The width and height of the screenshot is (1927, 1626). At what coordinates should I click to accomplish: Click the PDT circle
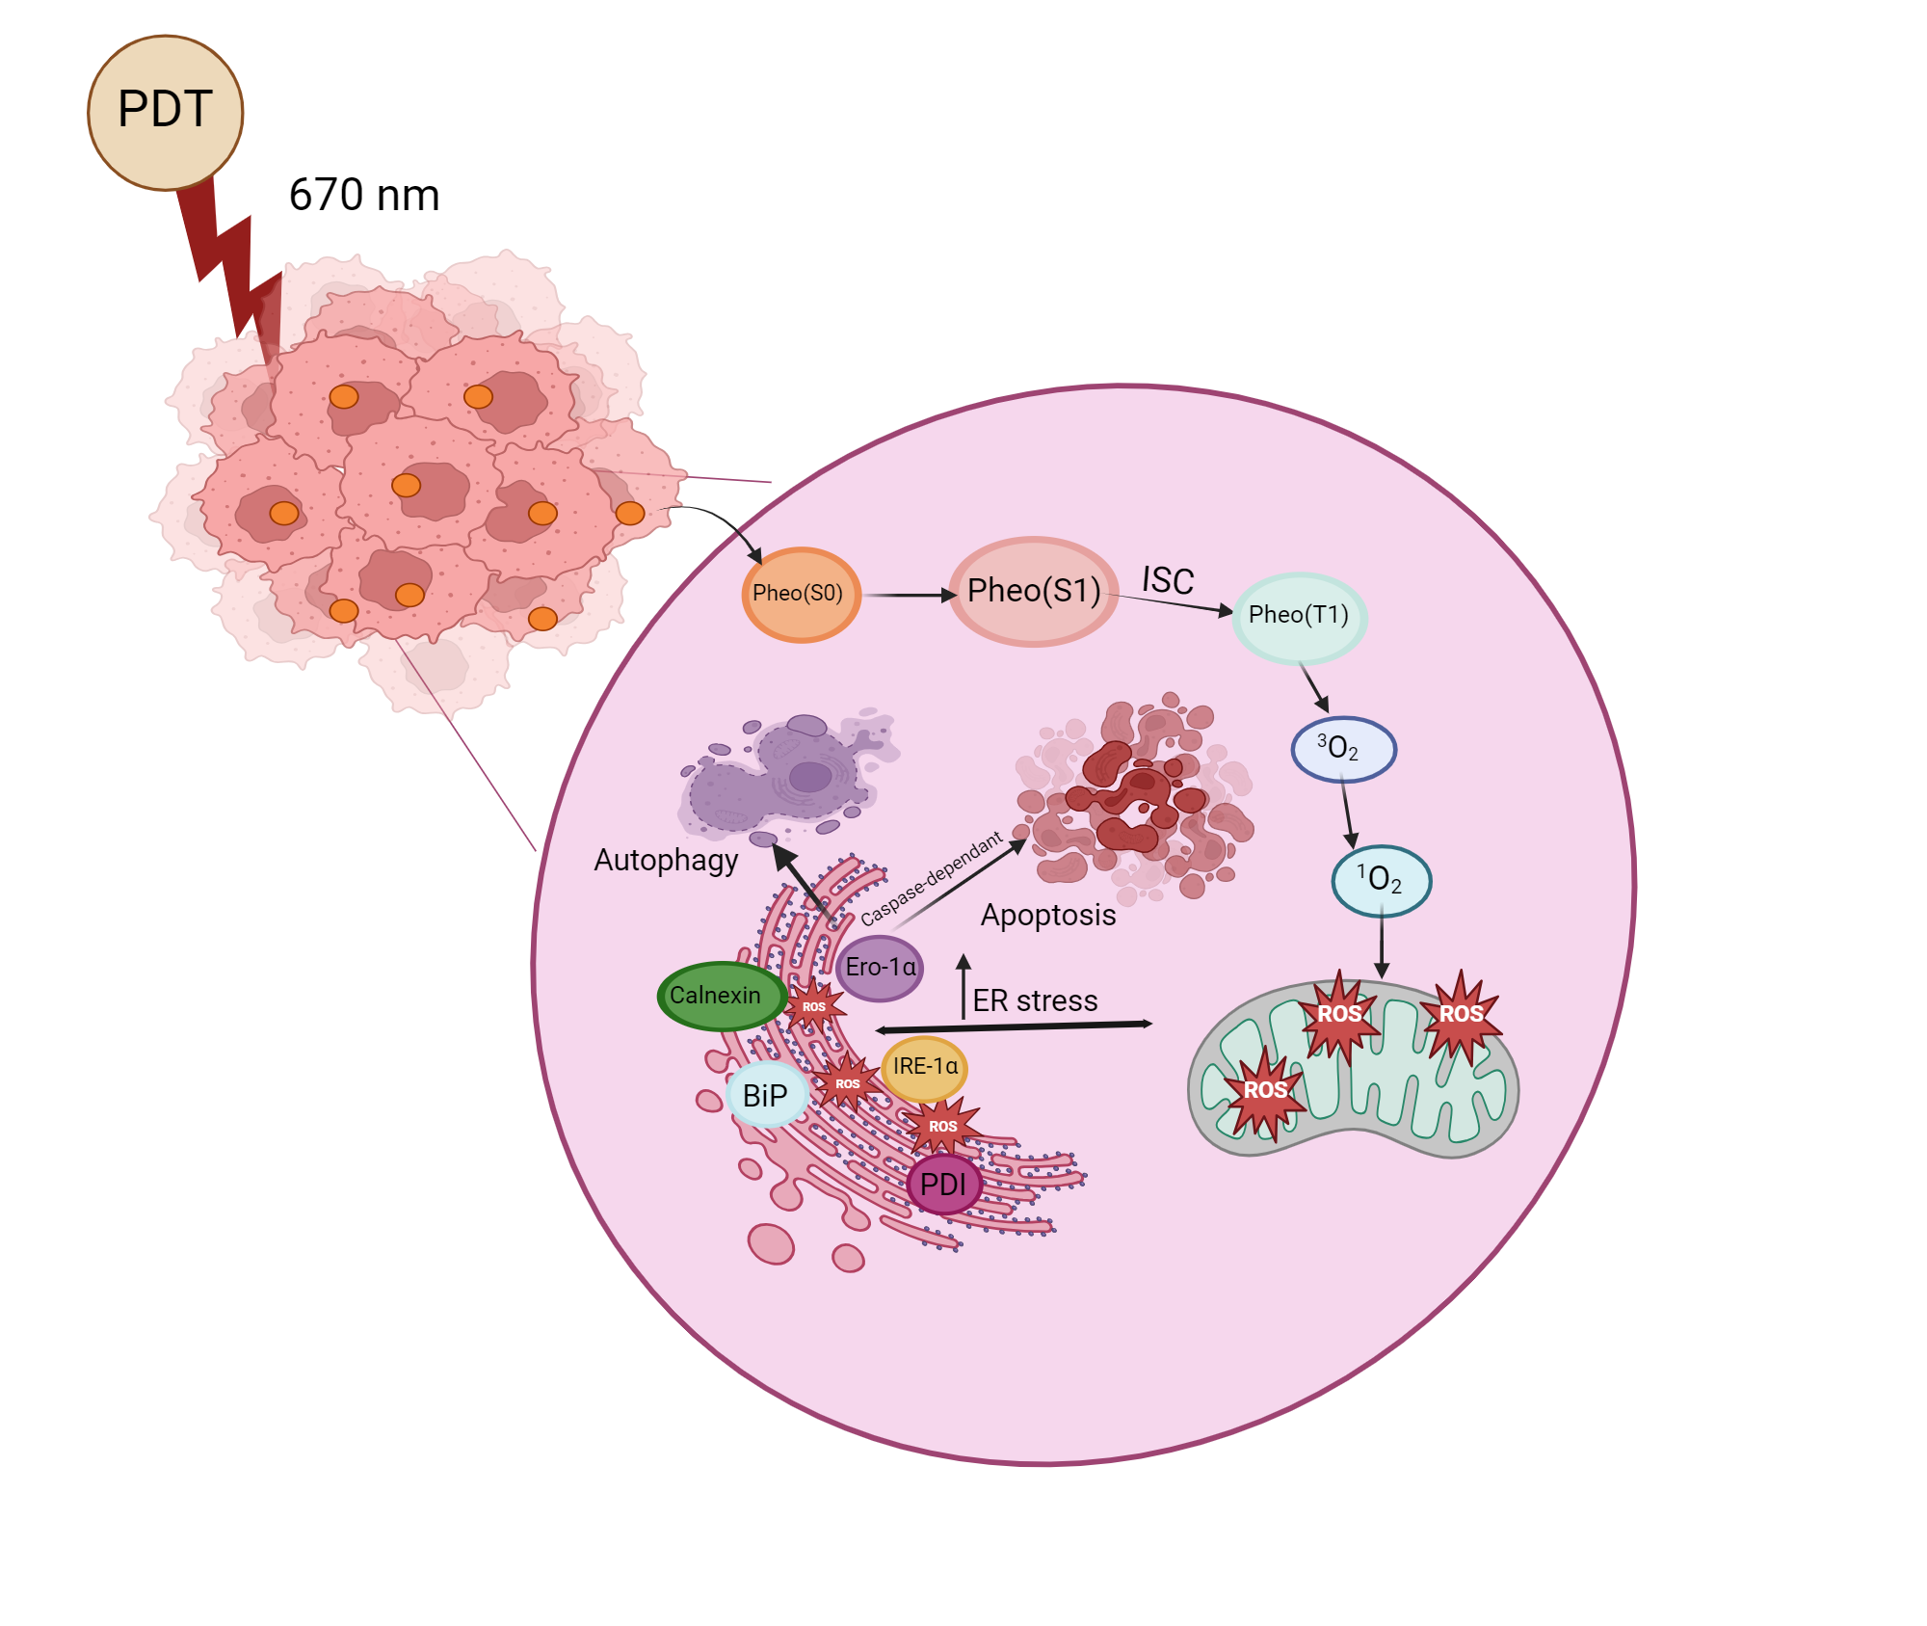point(165,112)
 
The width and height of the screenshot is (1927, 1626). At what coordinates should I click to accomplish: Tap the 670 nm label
point(364,195)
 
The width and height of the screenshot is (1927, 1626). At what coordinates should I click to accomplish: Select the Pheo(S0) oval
point(799,594)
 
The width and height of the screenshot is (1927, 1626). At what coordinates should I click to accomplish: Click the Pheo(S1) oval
point(1034,591)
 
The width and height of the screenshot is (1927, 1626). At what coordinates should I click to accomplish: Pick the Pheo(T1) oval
point(1299,616)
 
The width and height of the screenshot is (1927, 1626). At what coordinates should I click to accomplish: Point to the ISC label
point(1168,580)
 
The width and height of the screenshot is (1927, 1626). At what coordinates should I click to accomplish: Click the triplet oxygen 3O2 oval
point(1342,749)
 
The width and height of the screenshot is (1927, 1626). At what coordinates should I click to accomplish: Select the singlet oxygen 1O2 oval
point(1381,880)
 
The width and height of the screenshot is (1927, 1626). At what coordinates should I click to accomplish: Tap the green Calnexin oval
point(719,996)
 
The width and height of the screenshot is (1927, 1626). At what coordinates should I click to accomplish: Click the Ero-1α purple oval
point(880,967)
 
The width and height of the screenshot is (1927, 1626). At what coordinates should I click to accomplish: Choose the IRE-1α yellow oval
point(924,1067)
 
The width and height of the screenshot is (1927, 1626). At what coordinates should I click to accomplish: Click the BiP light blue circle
point(766,1096)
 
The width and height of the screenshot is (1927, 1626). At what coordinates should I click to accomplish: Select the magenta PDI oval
point(943,1185)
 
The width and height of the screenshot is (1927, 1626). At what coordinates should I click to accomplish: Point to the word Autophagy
point(666,860)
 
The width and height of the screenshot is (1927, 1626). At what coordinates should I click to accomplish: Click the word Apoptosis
point(1048,915)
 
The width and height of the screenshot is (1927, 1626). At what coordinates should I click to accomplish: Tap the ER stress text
point(1035,1000)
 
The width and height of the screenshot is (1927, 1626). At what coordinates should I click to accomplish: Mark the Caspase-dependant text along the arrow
point(931,878)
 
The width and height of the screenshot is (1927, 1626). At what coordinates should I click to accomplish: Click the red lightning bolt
point(226,260)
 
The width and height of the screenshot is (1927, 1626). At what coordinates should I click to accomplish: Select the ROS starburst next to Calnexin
point(814,1006)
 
